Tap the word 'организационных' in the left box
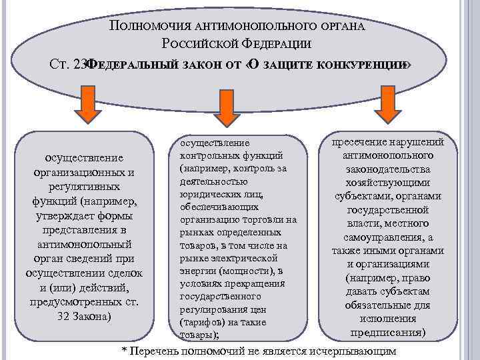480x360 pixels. tap(79, 173)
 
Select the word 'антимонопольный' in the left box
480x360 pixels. tap(84, 245)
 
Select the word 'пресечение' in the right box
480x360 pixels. tap(354, 142)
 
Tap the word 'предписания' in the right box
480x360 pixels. tap(389, 331)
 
